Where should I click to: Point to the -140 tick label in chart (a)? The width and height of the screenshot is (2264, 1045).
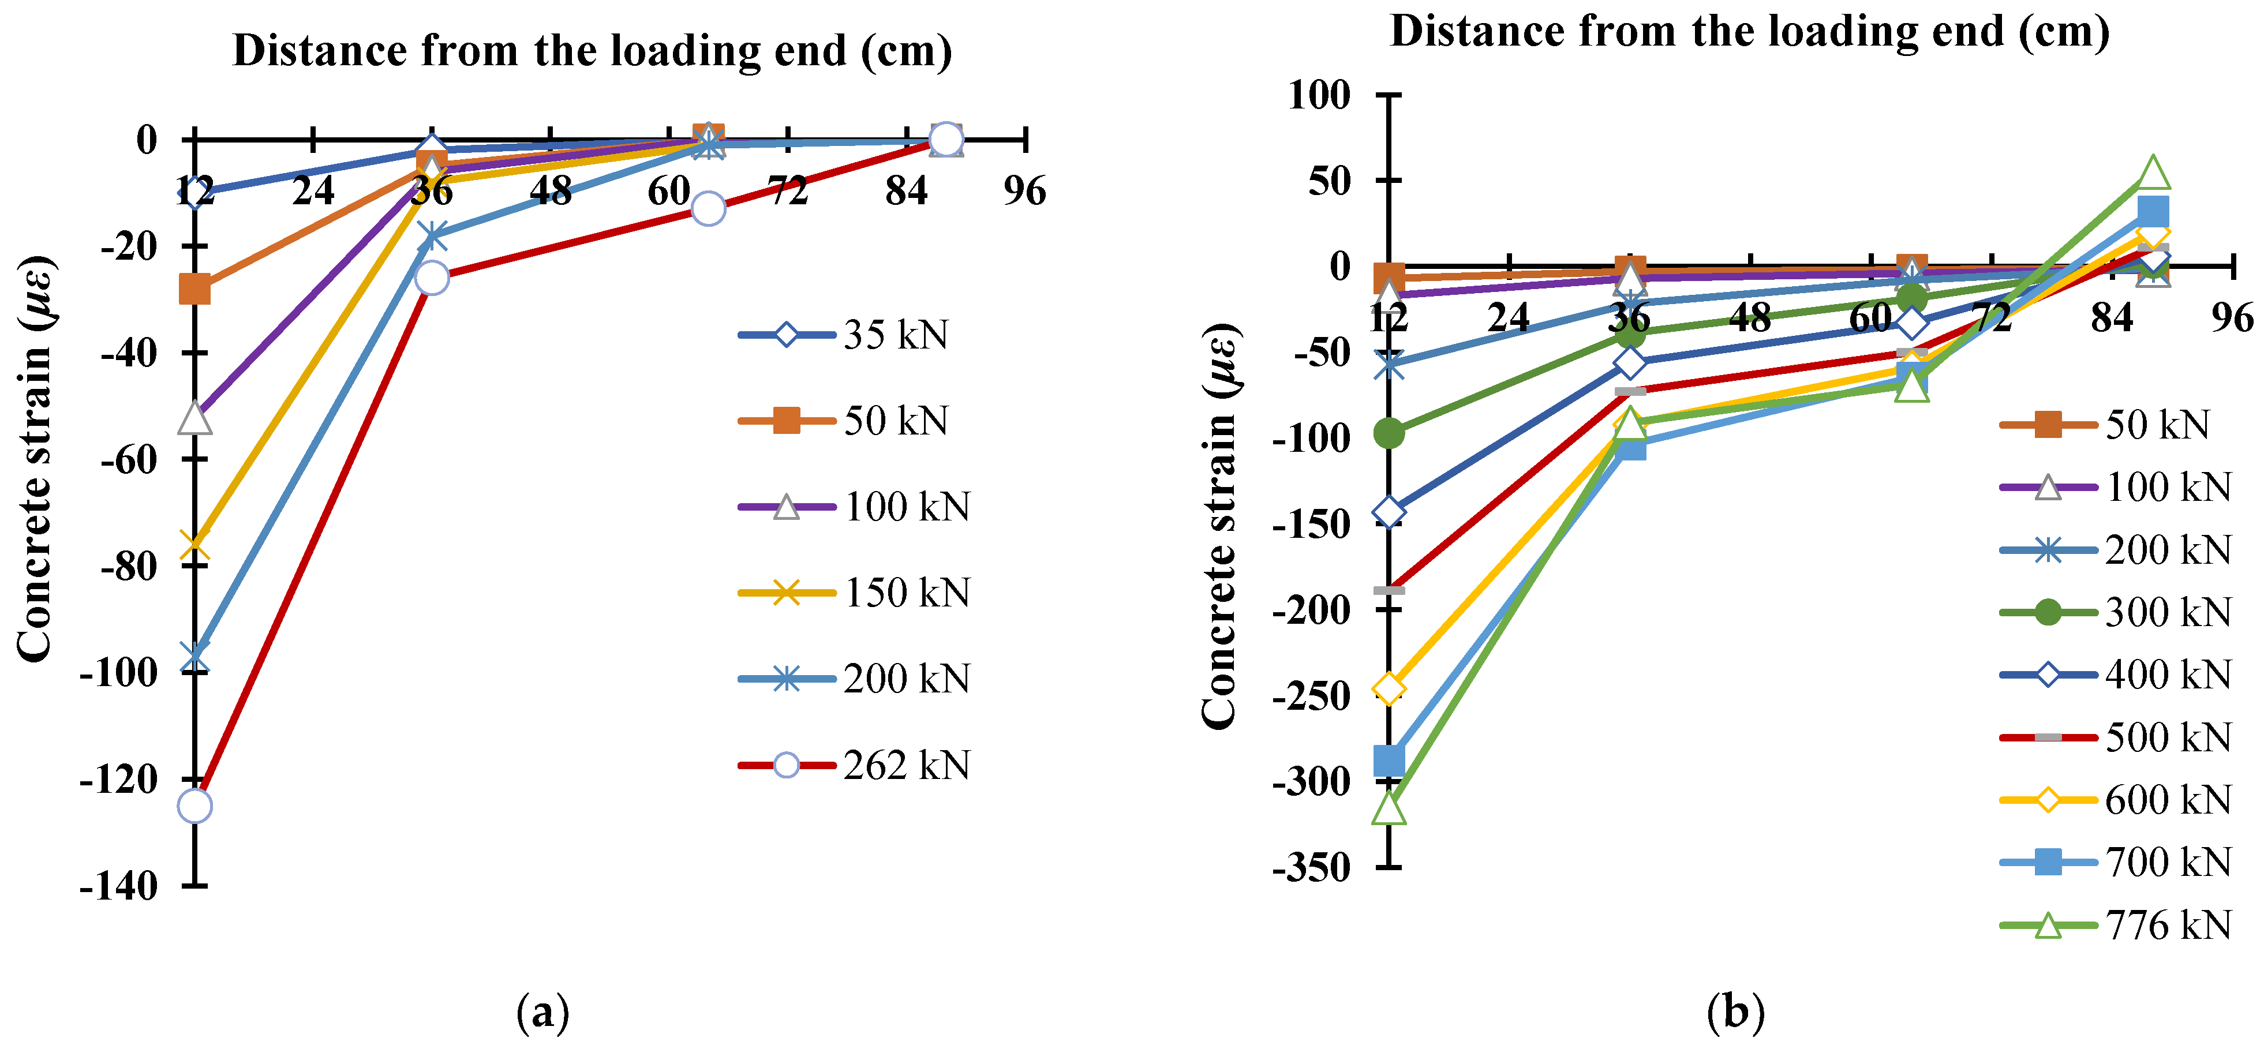click(119, 886)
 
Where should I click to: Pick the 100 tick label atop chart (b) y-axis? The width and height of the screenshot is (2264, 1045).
click(1318, 94)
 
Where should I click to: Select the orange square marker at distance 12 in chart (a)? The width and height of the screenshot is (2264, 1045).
click(194, 289)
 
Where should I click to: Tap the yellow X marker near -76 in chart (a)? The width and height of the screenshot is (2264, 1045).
click(194, 546)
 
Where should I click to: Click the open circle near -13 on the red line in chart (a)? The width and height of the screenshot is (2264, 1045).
click(708, 208)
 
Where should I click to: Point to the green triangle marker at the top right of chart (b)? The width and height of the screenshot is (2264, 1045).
click(2153, 173)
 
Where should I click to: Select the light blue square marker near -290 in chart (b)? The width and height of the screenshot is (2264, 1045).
click(1389, 761)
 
